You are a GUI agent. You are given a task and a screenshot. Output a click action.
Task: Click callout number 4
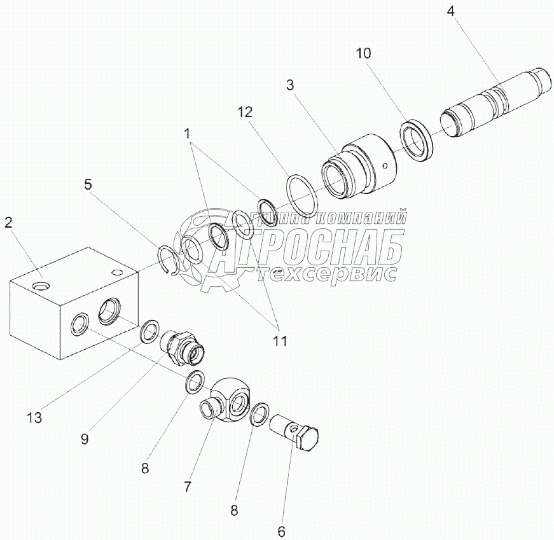[450, 11]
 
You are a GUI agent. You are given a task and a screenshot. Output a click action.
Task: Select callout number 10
[363, 53]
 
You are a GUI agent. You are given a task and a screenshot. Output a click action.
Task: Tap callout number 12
[245, 113]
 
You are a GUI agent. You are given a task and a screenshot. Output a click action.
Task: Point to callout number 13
[34, 418]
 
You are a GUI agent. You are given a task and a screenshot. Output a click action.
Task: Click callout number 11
[279, 342]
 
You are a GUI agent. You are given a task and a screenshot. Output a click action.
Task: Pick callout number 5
[88, 184]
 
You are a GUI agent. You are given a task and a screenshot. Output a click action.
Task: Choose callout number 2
[8, 222]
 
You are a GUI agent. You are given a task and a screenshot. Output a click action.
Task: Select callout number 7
[187, 487]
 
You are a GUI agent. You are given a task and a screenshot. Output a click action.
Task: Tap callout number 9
[85, 440]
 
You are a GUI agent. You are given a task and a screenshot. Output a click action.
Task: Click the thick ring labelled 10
[417, 141]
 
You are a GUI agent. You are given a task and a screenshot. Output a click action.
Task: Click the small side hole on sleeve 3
[386, 165]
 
